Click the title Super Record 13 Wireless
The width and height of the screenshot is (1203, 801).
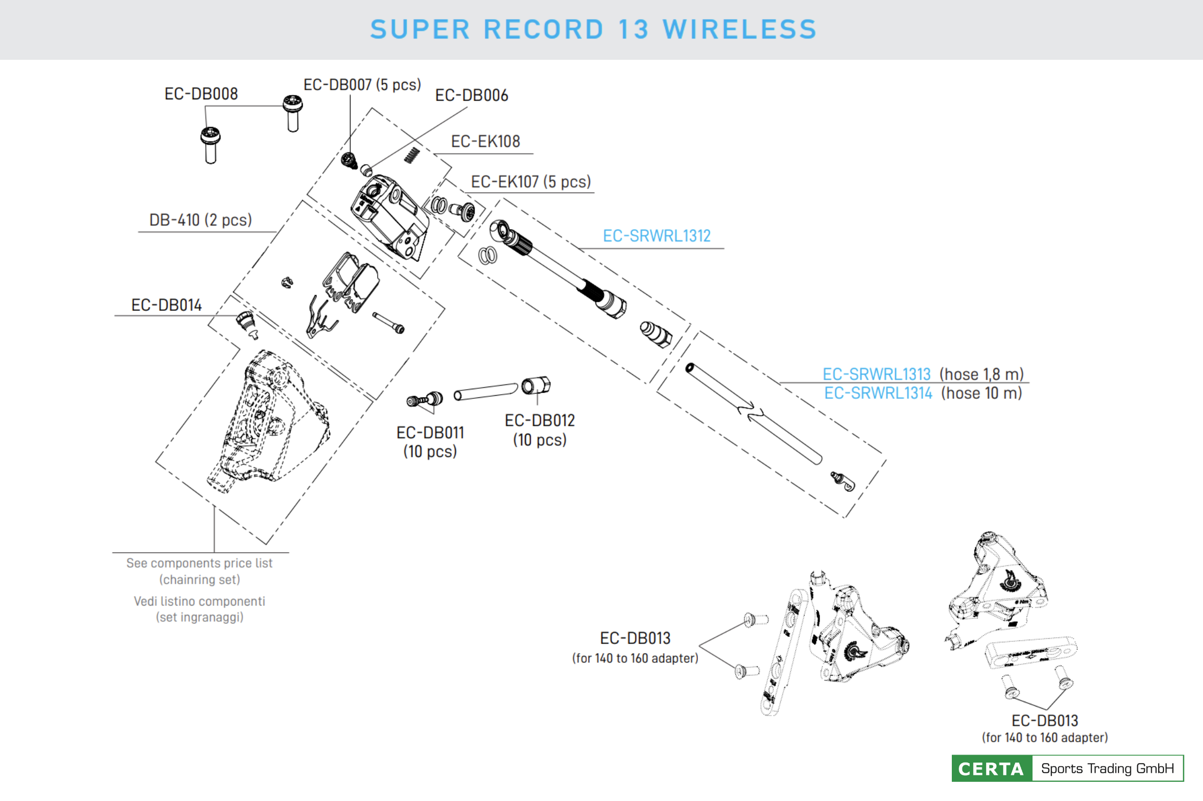point(593,29)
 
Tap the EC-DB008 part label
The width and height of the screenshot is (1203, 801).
point(201,94)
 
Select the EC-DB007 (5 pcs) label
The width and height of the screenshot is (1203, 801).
point(362,85)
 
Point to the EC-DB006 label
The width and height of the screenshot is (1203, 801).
point(471,96)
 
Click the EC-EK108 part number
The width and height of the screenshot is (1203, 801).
point(485,142)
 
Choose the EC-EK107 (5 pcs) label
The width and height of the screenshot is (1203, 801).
point(531,182)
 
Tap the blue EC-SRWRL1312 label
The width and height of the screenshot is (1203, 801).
point(656,236)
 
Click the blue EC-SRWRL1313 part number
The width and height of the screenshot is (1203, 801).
point(876,374)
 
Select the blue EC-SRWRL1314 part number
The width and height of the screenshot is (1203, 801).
point(878,394)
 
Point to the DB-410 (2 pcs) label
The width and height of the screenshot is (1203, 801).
point(200,220)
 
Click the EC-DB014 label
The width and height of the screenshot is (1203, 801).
point(166,305)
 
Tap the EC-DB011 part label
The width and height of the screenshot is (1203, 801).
point(430,433)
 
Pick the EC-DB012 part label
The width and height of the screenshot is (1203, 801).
point(540,421)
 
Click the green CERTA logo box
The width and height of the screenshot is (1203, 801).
point(991,769)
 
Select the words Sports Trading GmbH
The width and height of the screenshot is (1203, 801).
point(1107,769)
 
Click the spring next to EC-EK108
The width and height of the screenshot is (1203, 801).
point(412,155)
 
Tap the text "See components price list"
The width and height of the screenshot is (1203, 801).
point(199,563)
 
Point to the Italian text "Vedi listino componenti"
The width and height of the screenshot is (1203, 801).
point(199,602)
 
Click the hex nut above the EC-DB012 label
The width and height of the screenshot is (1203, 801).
point(536,385)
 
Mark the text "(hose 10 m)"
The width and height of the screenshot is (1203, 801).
point(982,394)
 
